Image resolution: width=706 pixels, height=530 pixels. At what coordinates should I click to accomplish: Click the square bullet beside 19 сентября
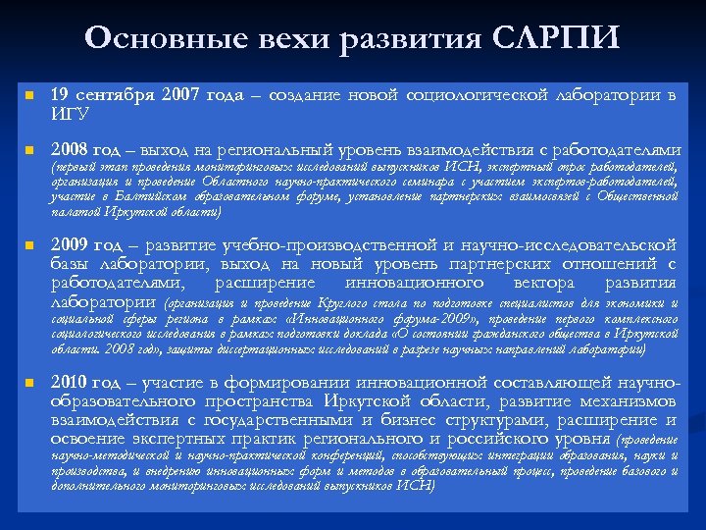(x=30, y=97)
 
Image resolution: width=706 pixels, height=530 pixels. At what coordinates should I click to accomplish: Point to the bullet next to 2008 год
(x=30, y=151)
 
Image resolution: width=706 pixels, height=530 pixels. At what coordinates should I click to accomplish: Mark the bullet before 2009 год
(x=30, y=245)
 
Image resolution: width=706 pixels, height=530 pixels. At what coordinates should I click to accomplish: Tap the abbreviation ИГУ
(x=70, y=115)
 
